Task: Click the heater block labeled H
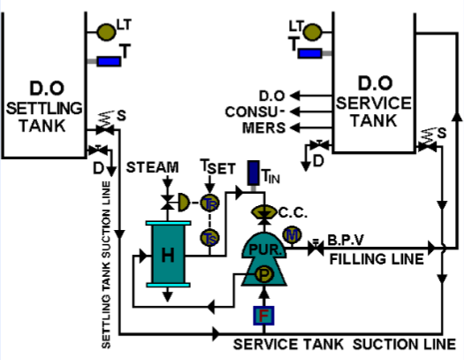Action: [166, 253]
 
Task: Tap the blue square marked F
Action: [263, 315]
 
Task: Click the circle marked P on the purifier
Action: [263, 276]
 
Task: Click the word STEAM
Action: [153, 166]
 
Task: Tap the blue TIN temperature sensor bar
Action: [252, 172]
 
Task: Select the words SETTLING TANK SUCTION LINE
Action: [106, 265]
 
